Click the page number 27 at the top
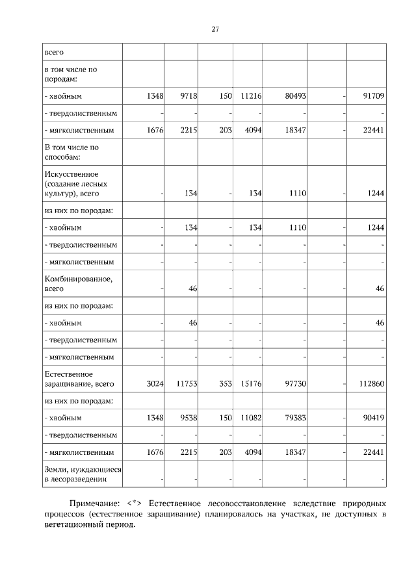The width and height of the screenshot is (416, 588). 214,29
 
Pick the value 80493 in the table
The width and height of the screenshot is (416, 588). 296,96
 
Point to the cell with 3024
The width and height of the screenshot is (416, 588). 151,384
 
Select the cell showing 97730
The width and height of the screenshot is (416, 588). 296,384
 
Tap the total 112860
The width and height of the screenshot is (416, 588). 372,384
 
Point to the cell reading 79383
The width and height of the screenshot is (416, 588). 296,418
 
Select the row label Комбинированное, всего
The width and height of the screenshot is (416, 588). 78,284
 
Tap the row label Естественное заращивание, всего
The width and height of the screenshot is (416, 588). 79,379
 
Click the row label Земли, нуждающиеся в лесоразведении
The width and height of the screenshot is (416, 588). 83,474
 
